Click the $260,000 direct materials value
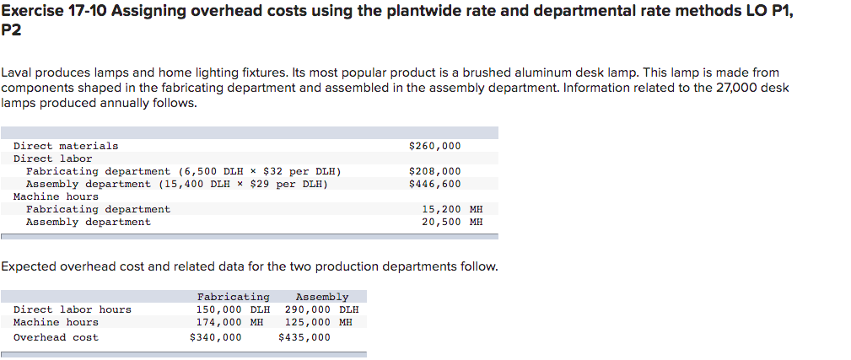click(434, 146)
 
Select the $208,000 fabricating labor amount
click(434, 171)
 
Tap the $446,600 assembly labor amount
click(434, 184)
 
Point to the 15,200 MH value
click(452, 209)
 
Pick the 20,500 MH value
click(452, 222)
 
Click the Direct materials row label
click(66, 146)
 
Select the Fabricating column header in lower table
click(234, 297)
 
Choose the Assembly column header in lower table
click(321, 297)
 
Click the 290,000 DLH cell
click(321, 309)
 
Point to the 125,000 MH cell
click(318, 322)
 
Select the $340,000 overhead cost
click(215, 337)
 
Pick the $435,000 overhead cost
click(304, 337)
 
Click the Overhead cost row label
click(56, 337)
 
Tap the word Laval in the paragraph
click(16, 73)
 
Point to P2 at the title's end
click(11, 30)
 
